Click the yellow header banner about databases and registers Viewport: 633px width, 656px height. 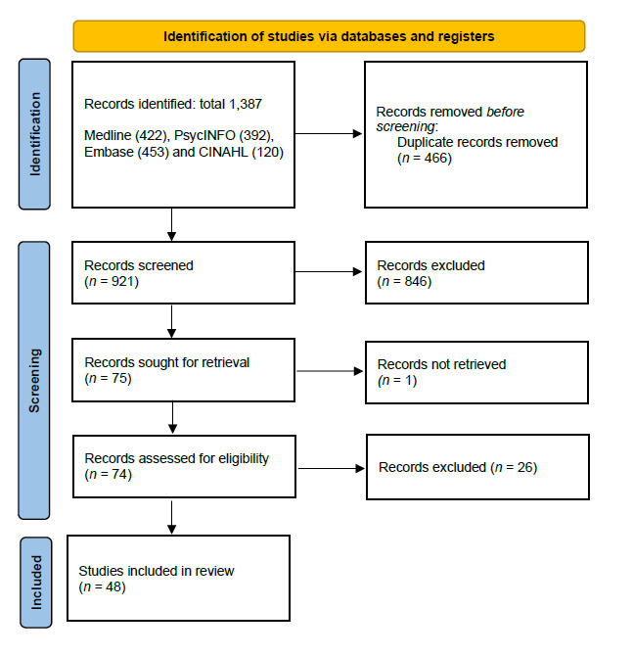[329, 36]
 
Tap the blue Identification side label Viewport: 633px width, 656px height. [36, 135]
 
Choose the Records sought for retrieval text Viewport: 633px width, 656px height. [166, 362]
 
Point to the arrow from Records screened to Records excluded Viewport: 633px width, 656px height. [329, 273]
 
